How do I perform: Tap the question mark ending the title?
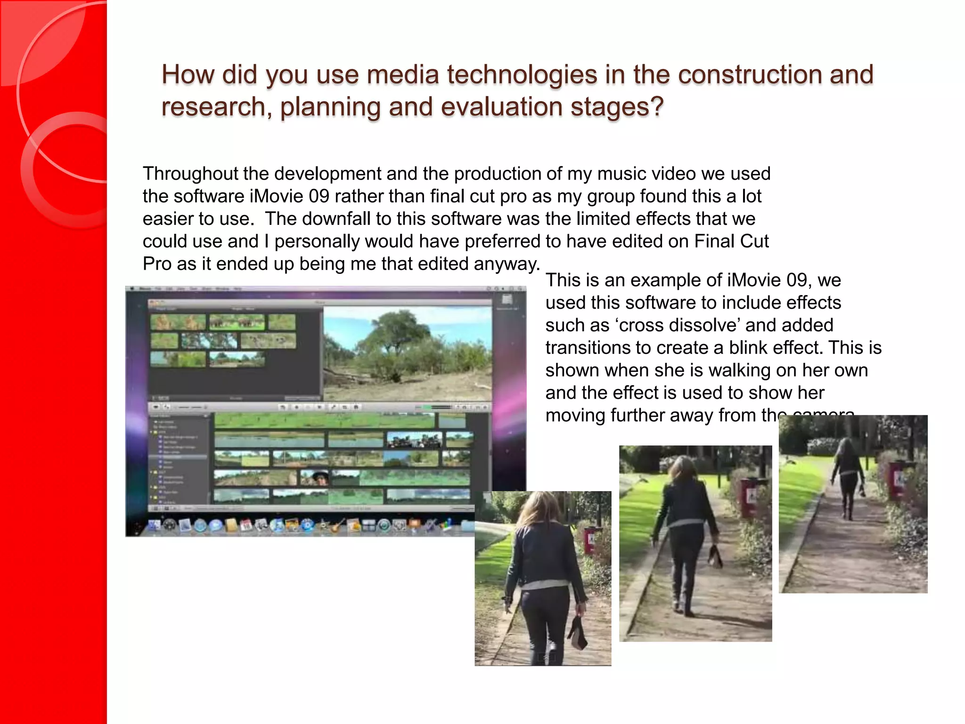click(657, 107)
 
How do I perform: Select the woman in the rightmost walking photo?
click(849, 476)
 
